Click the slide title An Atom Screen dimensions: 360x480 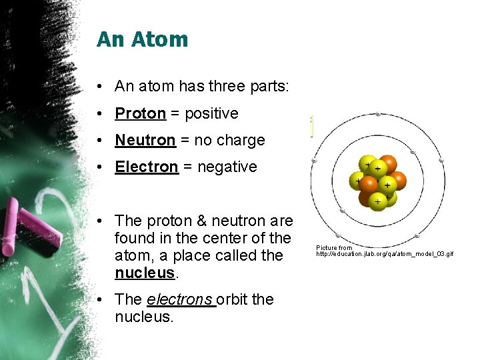(x=142, y=39)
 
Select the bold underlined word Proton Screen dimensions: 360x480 (x=140, y=113)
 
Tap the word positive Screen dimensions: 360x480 (x=211, y=113)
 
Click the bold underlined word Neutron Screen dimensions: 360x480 (x=145, y=140)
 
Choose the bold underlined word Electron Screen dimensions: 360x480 (x=146, y=167)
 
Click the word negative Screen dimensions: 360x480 (x=225, y=167)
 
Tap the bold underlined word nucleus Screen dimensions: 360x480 (x=143, y=273)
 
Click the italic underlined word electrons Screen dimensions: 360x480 (x=181, y=299)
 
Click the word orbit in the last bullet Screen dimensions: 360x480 (x=232, y=299)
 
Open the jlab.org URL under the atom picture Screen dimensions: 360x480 (x=384, y=254)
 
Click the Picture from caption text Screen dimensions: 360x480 (x=334, y=248)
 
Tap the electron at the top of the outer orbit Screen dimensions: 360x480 (x=378, y=115)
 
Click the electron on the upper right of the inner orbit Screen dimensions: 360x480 (x=413, y=153)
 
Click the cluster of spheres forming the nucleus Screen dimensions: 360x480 (x=378, y=181)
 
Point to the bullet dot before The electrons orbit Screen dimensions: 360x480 (x=98, y=300)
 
